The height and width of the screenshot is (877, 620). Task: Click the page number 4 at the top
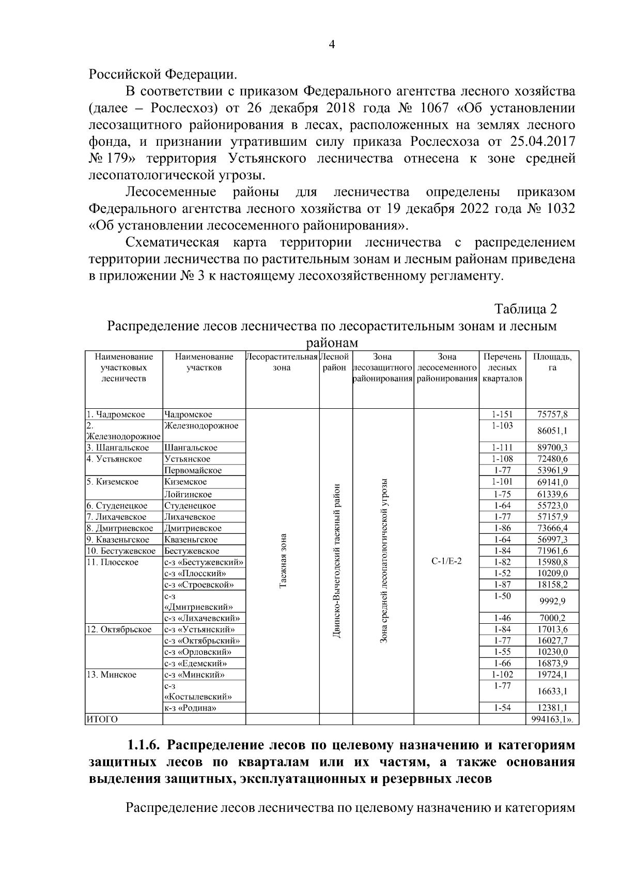coord(332,44)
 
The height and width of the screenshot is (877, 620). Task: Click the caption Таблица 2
coord(526,309)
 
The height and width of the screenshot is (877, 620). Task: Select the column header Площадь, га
coord(552,362)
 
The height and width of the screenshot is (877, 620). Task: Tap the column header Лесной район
coord(335,362)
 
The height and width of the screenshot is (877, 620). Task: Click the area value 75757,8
coord(552,414)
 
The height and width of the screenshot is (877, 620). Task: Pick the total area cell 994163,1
coord(552,719)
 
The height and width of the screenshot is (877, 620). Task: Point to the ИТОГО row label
coord(102,719)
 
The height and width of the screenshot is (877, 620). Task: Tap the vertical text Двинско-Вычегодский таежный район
coord(336,561)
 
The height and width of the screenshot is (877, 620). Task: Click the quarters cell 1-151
coord(502,414)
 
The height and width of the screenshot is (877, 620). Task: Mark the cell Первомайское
coord(193,470)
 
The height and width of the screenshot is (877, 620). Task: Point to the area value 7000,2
coord(552,618)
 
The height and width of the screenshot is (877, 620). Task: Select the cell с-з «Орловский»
coord(197,652)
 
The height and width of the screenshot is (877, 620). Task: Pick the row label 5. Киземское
coord(112,482)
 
